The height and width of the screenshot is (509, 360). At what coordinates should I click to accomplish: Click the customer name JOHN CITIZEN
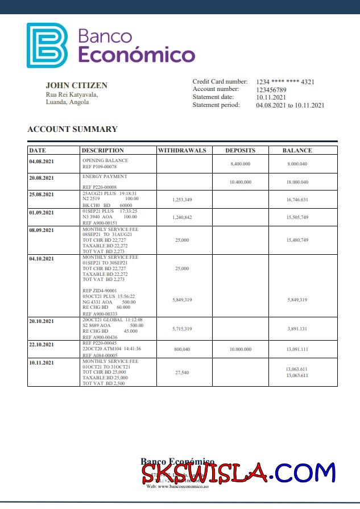pyautogui.click(x=76, y=85)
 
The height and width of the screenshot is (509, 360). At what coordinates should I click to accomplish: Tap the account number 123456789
pyautogui.click(x=271, y=90)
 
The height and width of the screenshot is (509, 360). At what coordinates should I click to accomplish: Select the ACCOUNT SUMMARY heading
pyautogui.click(x=72, y=129)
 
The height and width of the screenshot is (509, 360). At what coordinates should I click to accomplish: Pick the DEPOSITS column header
pyautogui.click(x=240, y=151)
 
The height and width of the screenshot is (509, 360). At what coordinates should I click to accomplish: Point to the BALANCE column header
pyautogui.click(x=297, y=151)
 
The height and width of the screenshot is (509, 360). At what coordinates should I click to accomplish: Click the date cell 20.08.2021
pyautogui.click(x=42, y=178)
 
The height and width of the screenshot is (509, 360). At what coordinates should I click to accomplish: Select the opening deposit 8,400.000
pyautogui.click(x=240, y=164)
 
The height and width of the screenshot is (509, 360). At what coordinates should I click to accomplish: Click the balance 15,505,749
pyautogui.click(x=297, y=217)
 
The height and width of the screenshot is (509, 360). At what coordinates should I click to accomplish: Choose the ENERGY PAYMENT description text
pyautogui.click(x=105, y=177)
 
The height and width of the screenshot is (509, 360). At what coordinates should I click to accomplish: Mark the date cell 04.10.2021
pyautogui.click(x=42, y=259)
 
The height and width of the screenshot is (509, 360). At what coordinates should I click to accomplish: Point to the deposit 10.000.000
pyautogui.click(x=240, y=349)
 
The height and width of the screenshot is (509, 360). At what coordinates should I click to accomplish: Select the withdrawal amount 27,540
pyautogui.click(x=182, y=373)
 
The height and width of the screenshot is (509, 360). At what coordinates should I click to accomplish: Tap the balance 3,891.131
pyautogui.click(x=297, y=329)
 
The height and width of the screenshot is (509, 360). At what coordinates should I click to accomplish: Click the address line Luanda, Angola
pyautogui.click(x=67, y=102)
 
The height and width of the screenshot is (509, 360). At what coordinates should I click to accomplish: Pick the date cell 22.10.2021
pyautogui.click(x=42, y=345)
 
